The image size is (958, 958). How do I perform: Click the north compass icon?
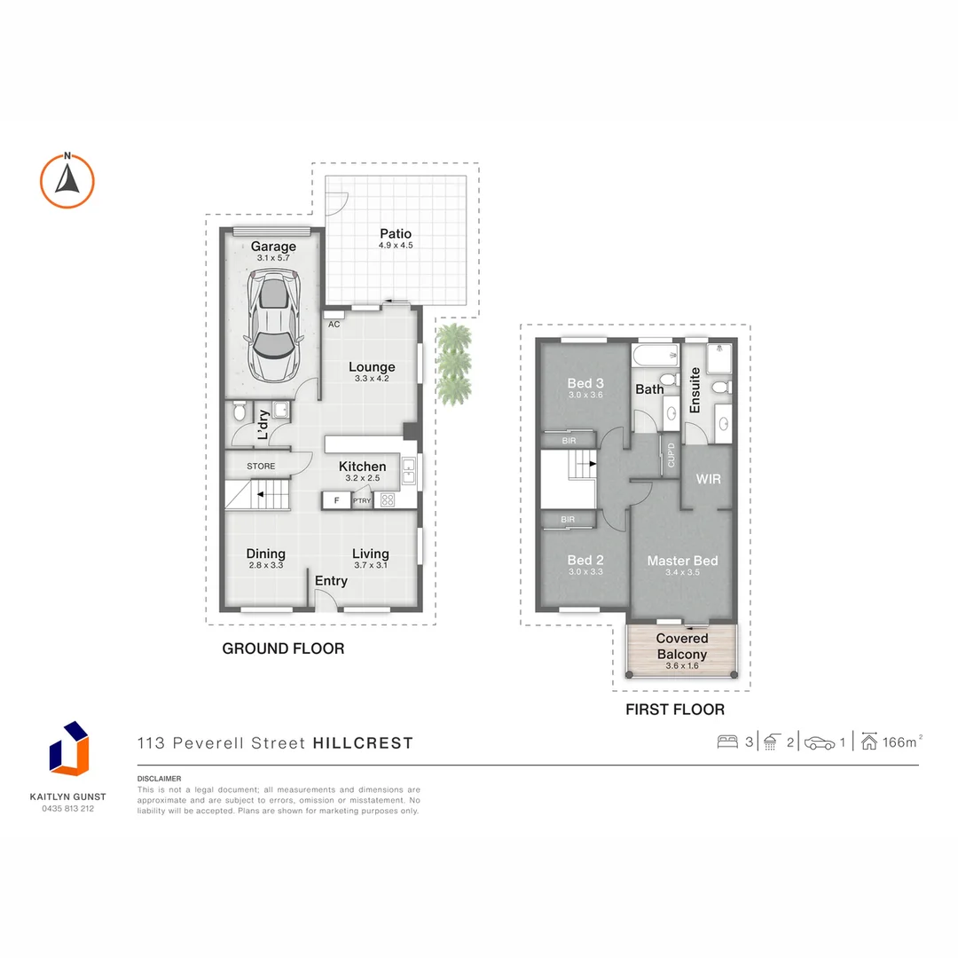67,180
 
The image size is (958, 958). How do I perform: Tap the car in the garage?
275,324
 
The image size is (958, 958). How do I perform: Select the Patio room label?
396,234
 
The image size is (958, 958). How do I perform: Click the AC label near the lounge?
334,325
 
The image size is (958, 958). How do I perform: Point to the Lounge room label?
372,367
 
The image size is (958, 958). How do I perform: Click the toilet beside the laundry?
237,412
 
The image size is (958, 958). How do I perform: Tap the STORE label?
261,466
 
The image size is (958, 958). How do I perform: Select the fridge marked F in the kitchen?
336,500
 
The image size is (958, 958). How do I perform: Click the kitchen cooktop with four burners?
388,500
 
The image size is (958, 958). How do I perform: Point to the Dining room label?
265,554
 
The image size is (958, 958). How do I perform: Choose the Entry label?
331,581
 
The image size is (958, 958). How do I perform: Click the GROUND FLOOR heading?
283,648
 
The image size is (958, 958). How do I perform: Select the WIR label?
708,479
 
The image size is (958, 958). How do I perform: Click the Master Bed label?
682,561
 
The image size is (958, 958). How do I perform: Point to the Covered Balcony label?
682,646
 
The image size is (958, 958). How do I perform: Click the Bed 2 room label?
585,560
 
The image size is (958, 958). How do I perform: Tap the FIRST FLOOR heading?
675,709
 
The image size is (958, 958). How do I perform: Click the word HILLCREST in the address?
363,743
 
